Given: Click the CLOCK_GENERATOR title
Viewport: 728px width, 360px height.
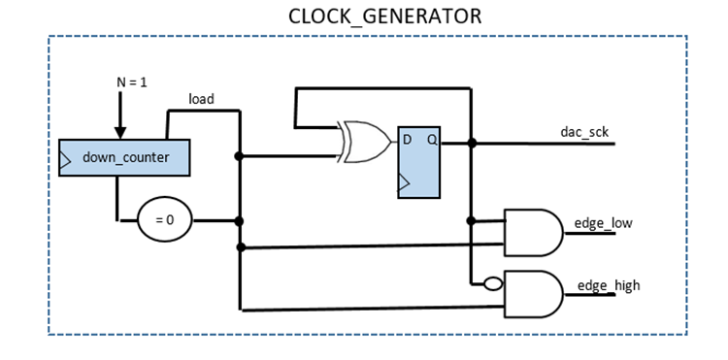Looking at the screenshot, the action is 385,16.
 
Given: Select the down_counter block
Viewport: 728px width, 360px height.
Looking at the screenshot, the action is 124,158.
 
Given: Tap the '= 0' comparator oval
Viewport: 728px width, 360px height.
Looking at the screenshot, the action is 165,219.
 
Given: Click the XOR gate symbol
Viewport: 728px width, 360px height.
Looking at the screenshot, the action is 365,142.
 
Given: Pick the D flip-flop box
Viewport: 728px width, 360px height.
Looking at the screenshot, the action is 418,162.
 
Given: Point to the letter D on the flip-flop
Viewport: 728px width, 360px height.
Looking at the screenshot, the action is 407,139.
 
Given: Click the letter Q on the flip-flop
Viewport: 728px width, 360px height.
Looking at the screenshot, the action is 432,140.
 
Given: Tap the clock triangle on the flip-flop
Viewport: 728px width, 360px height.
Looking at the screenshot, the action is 404,182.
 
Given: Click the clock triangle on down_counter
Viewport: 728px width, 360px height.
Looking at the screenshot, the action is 65,160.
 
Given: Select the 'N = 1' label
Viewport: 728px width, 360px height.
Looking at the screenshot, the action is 131,83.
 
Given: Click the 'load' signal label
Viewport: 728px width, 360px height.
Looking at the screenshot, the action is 201,99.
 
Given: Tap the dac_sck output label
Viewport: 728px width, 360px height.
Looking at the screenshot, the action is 584,132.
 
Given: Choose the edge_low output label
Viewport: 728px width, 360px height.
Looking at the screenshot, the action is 603,223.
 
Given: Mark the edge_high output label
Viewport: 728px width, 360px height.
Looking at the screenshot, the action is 609,286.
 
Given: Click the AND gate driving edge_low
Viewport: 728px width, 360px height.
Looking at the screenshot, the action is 534,233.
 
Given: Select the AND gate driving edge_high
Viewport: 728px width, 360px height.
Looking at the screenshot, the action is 534,294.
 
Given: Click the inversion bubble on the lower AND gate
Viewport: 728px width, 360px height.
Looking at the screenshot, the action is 493,283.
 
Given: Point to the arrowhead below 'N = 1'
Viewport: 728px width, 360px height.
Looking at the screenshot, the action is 120,133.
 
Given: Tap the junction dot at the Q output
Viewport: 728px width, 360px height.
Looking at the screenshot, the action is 472,143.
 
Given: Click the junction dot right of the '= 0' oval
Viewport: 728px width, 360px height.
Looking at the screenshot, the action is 239,221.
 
